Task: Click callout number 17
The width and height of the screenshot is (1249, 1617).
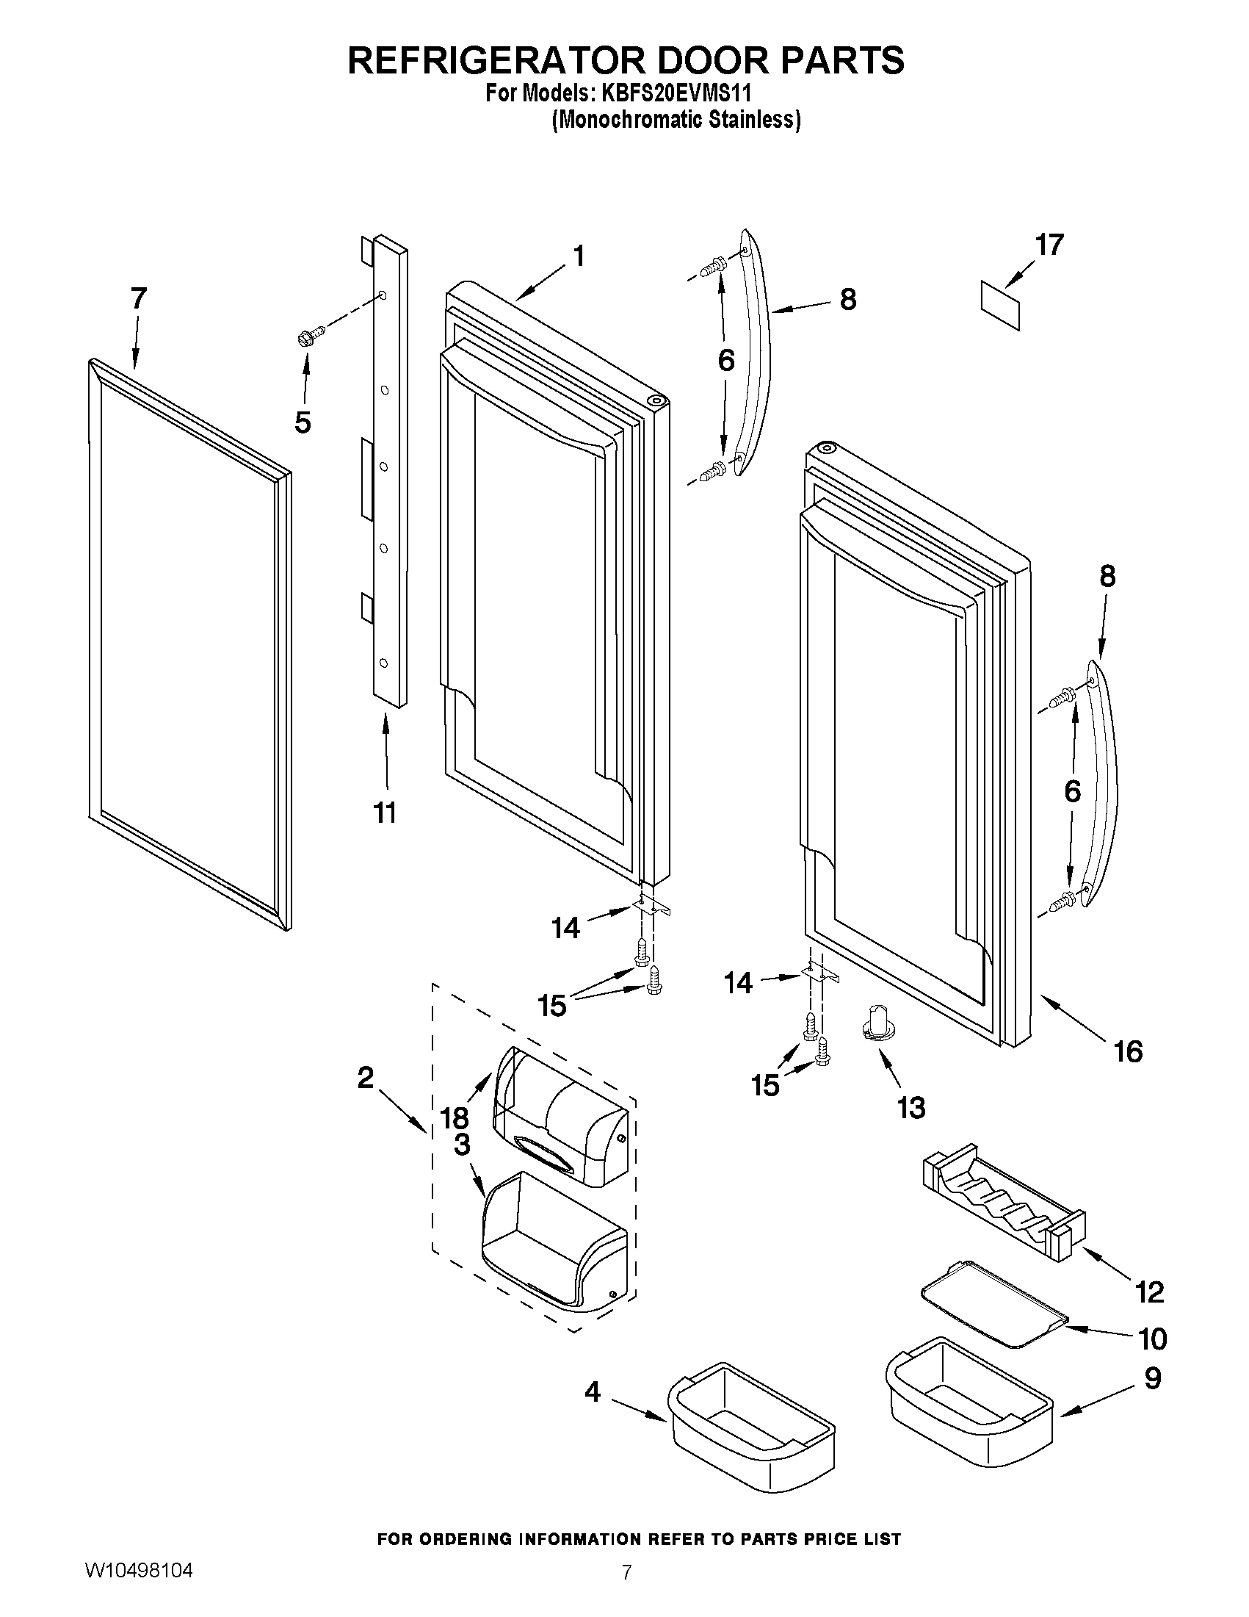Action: point(1049,245)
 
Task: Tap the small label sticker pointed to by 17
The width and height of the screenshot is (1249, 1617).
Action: point(1000,305)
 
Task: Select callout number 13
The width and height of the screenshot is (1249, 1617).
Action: point(910,1109)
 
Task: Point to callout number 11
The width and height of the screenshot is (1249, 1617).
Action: point(385,813)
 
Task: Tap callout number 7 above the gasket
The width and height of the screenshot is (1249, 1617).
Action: point(138,298)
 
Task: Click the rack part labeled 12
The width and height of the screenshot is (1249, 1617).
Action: point(1002,1198)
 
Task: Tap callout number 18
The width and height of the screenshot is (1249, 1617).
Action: point(455,1117)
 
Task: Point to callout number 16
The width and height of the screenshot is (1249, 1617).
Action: point(1129,1051)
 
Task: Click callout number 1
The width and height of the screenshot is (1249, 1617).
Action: point(579,256)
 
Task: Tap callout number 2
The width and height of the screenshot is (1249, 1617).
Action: point(366,1078)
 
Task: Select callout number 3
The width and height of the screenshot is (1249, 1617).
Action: point(462,1145)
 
